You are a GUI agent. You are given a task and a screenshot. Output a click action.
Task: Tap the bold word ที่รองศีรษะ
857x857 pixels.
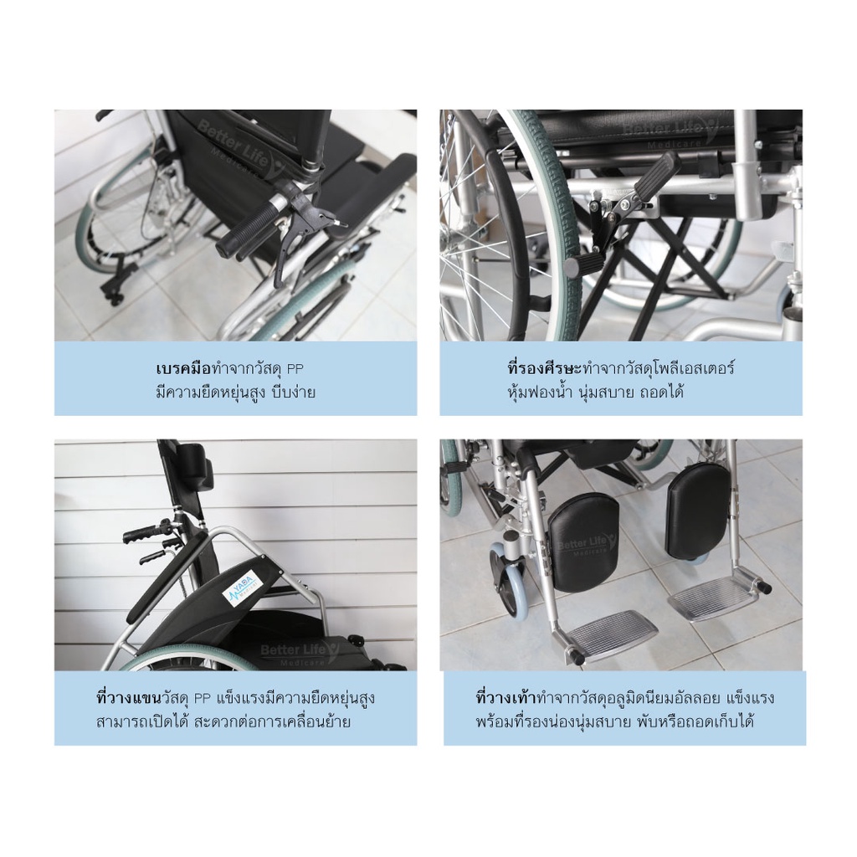(x=545, y=368)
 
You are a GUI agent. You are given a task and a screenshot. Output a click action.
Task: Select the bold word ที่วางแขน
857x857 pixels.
(x=128, y=698)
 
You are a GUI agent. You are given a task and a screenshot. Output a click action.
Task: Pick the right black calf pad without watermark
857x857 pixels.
(x=697, y=510)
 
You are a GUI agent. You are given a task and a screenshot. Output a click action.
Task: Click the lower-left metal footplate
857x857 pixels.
(x=612, y=631)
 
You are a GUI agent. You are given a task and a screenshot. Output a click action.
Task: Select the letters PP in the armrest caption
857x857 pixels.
(x=203, y=699)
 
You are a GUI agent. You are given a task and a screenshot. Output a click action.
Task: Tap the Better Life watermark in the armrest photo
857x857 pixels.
(x=300, y=653)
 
